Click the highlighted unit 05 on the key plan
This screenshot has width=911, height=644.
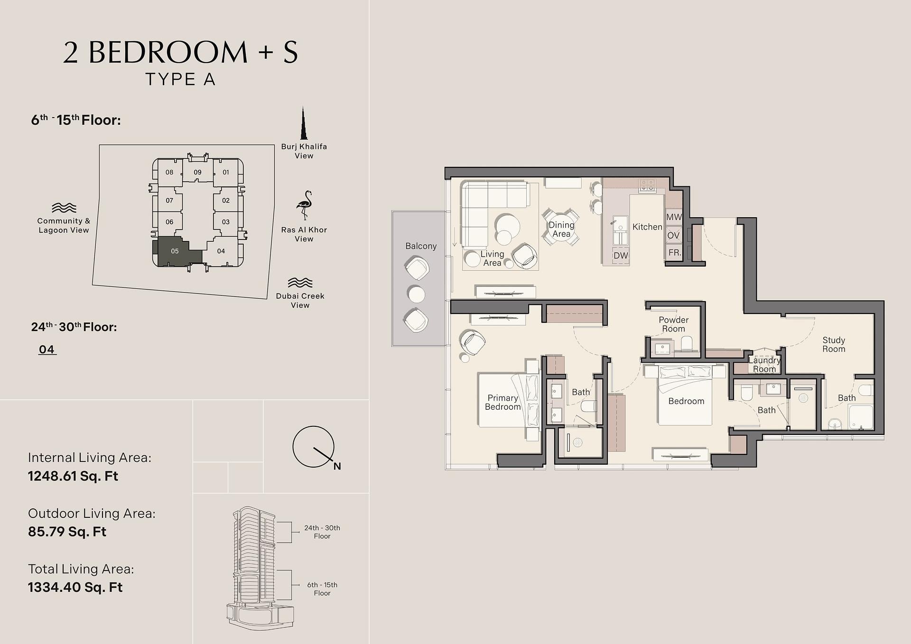tap(175, 251)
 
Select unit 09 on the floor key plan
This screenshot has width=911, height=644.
tap(197, 172)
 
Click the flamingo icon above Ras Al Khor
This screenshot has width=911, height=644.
tap(304, 205)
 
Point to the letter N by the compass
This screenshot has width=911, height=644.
tap(337, 466)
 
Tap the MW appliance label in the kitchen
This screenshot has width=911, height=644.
tap(674, 217)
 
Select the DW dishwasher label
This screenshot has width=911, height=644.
tap(621, 256)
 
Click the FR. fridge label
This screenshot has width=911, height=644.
tap(674, 253)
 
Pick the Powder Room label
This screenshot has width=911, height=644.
tap(674, 324)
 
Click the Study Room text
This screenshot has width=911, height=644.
tap(834, 344)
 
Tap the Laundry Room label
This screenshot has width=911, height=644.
tap(764, 365)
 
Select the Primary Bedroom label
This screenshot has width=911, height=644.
tap(503, 402)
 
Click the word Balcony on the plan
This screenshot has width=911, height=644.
tap(421, 246)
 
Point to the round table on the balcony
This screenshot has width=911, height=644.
tap(417, 294)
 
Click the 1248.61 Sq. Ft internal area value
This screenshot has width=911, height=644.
tap(73, 476)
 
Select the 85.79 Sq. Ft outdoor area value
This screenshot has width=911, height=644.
tap(67, 532)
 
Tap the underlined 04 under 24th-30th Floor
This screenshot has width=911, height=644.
tap(47, 350)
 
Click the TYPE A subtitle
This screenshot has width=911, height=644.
tap(180, 79)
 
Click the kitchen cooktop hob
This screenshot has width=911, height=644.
tap(647, 185)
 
